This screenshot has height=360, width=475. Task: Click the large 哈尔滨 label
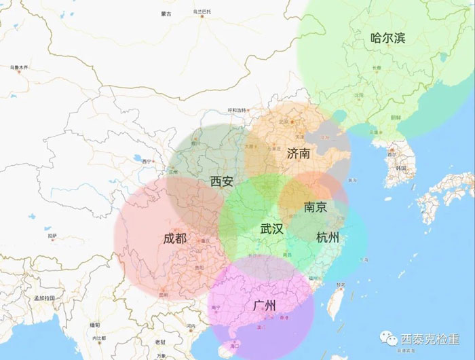388,38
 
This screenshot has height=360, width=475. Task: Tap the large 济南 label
299,153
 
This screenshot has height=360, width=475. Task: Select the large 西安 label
222,181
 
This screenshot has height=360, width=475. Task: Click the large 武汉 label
271,229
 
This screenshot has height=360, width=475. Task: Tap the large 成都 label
174,238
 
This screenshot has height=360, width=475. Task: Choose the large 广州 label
264,306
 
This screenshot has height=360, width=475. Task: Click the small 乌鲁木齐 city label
19,67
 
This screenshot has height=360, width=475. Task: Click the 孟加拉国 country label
43,298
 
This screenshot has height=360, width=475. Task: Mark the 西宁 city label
146,161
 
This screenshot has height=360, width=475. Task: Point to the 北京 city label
284,122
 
